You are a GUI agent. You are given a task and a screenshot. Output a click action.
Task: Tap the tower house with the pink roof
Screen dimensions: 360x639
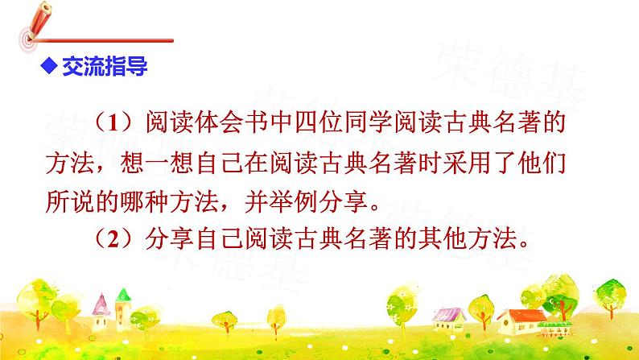pos(101,311)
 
